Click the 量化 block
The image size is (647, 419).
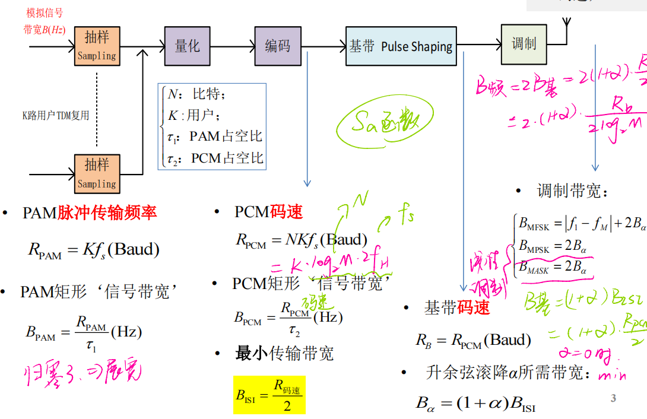pyautogui.click(x=188, y=46)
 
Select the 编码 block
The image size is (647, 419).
pyautogui.click(x=278, y=46)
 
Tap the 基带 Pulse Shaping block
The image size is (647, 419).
pyautogui.click(x=401, y=46)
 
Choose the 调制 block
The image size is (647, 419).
pyautogui.click(x=524, y=44)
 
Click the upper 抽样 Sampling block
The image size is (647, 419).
pyautogui.click(x=97, y=46)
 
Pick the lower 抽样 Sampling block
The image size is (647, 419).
pyautogui.click(x=97, y=173)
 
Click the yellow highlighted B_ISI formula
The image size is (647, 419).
pyautogui.click(x=269, y=395)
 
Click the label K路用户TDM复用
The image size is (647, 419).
pyautogui.click(x=56, y=115)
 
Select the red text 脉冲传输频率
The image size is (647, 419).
pyautogui.click(x=107, y=213)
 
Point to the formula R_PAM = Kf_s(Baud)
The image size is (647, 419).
pyautogui.click(x=94, y=249)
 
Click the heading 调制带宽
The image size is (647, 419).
pyautogui.click(x=573, y=191)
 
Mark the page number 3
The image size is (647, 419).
pyautogui.click(x=613, y=398)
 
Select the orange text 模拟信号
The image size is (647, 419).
pyautogui.click(x=45, y=12)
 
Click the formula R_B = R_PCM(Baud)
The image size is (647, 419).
pyautogui.click(x=473, y=341)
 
